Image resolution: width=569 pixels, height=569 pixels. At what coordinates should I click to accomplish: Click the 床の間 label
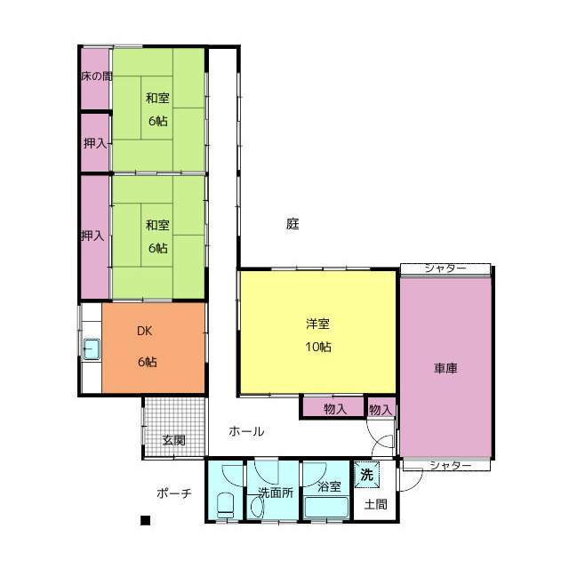96,76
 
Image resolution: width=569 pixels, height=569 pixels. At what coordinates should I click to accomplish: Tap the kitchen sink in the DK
92,349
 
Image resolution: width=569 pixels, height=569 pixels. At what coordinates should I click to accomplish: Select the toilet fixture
225,505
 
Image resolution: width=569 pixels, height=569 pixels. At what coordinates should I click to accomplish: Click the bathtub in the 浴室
326,507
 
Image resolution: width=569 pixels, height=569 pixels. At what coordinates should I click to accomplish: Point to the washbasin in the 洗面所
257,507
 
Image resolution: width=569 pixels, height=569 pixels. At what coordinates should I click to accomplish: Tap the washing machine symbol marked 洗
366,475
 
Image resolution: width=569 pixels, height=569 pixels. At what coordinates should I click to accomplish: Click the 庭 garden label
293,223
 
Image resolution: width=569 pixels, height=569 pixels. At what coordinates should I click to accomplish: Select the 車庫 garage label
445,368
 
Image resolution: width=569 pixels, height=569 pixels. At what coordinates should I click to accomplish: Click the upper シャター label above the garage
445,268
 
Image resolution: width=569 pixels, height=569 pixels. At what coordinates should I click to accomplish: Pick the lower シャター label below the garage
451,465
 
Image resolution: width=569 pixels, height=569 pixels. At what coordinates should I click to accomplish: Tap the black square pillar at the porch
145,520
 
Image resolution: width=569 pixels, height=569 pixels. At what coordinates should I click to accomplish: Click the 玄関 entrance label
174,440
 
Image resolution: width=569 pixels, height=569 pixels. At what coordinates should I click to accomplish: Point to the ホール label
246,431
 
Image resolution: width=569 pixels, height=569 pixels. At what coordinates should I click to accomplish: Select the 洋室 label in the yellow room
317,324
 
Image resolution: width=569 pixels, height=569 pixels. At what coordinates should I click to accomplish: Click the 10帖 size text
318,347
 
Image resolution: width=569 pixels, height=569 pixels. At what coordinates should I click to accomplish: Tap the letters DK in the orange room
144,331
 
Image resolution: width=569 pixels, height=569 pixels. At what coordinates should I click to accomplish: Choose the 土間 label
375,504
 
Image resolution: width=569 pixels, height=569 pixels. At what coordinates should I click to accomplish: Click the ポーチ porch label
174,493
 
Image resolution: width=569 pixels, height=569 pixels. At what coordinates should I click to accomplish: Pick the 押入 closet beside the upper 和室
95,142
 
